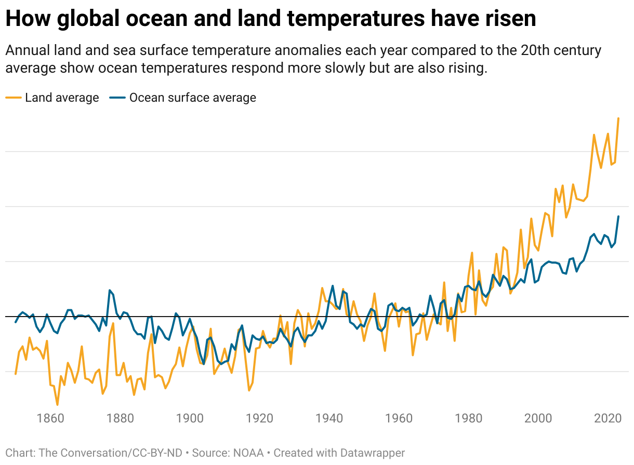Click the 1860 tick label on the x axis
tap(50, 419)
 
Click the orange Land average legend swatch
tap(14, 98)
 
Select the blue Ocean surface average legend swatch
tap(118, 98)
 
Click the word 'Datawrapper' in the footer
tap(373, 453)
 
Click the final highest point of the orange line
tap(618, 118)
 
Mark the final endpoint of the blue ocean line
tap(618, 216)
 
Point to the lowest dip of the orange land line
tap(57, 404)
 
